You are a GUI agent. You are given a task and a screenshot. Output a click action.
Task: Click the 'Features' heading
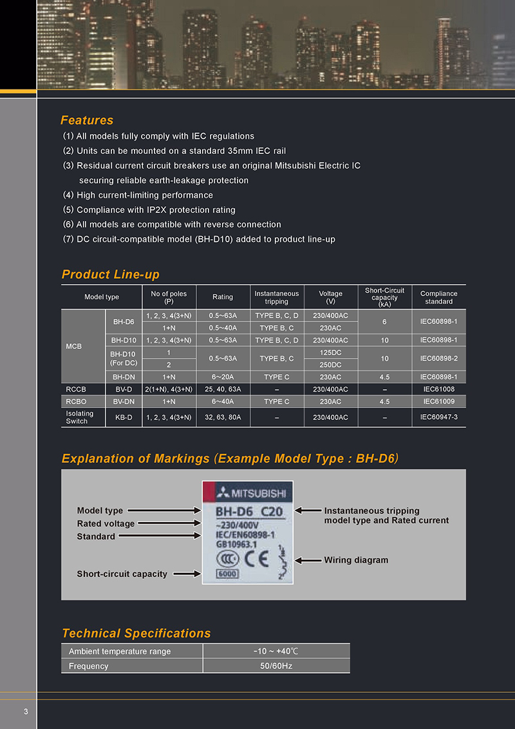[x=87, y=120]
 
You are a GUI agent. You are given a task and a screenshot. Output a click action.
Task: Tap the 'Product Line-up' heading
[x=110, y=274]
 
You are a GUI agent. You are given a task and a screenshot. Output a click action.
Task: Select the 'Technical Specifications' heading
[x=136, y=633]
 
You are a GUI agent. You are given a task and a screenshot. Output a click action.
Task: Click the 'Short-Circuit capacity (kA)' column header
[x=384, y=297]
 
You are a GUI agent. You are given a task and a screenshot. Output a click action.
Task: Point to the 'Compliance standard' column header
[x=438, y=297]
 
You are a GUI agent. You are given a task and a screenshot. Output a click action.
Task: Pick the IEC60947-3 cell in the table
[x=438, y=417]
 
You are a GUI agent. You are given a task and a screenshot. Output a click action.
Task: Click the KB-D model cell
[x=124, y=417]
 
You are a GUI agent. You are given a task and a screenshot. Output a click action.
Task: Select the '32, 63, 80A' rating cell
[x=223, y=417]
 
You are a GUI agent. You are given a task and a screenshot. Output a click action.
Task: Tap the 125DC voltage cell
[x=330, y=352]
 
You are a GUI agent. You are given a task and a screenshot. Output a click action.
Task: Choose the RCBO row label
[x=76, y=401]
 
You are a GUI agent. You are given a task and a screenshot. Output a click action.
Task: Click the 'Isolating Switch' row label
[x=80, y=417]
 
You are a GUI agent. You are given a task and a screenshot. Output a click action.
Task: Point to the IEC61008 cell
[x=438, y=389]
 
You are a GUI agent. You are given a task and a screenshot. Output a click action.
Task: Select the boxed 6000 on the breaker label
[x=228, y=574]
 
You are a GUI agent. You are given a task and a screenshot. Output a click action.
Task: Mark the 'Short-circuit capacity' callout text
[x=122, y=574]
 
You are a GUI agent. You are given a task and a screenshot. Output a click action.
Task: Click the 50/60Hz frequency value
[x=276, y=666]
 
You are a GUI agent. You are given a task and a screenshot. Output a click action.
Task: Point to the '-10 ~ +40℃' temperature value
[x=276, y=651]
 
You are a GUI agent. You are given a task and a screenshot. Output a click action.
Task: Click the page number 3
[x=26, y=711]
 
